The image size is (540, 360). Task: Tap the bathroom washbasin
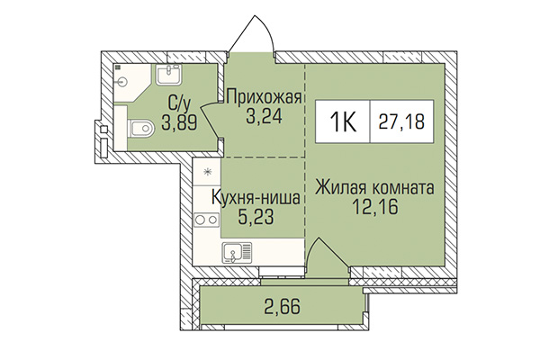tap(168, 75)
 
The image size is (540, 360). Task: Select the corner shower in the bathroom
tap(125, 78)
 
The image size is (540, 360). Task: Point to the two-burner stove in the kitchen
tap(207, 219)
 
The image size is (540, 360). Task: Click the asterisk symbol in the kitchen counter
tap(207, 171)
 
